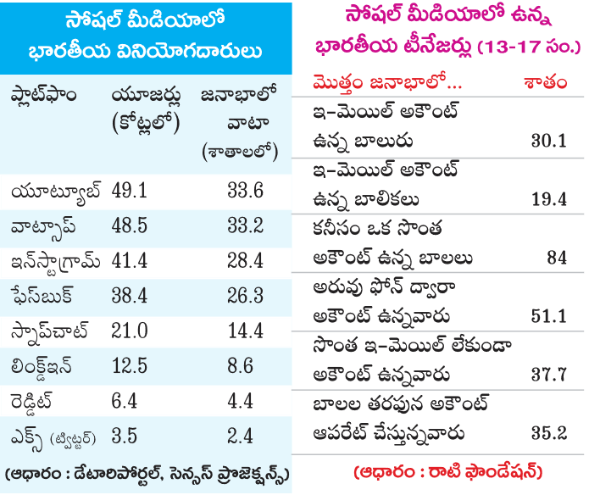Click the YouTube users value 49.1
click(131, 192)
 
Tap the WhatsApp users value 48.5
click(131, 229)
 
